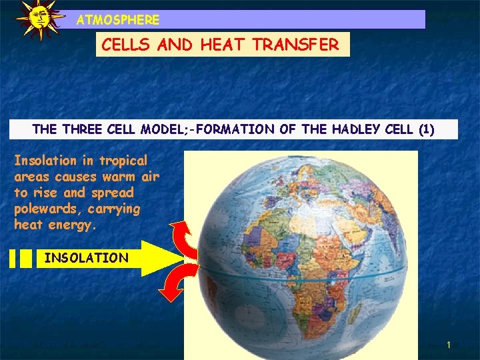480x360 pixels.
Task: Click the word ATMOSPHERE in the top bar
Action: click(x=118, y=20)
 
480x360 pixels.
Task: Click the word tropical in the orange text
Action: click(x=123, y=161)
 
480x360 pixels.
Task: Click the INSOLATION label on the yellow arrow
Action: click(x=86, y=258)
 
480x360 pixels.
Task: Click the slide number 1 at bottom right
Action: click(x=449, y=345)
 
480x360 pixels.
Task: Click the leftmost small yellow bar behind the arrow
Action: click(x=13, y=258)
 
